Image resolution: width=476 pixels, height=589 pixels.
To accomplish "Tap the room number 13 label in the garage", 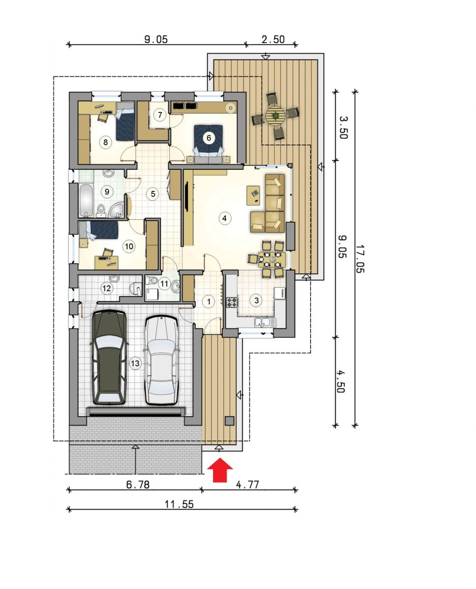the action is tap(135, 363).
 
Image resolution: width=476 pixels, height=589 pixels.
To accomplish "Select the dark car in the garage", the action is tap(109, 357).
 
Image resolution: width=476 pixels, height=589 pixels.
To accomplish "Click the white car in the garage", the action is tap(161, 361).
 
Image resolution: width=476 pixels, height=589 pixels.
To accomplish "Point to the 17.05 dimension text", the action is tap(360, 259).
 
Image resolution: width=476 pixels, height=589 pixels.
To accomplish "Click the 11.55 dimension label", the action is tap(179, 505).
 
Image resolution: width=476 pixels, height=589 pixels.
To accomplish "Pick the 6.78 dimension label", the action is tap(138, 485).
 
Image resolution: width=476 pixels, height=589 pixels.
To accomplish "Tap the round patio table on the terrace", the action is tap(275, 115).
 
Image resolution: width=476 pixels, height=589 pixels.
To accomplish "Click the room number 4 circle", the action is tap(224, 218).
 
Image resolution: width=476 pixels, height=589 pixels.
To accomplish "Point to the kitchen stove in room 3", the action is tap(232, 302).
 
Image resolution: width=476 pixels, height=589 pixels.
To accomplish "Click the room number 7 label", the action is tap(160, 114).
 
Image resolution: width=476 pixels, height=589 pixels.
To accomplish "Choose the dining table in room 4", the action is tap(272, 259).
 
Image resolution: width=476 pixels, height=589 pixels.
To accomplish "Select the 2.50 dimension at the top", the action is tap(273, 40).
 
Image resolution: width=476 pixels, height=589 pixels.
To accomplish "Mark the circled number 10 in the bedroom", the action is tap(129, 246).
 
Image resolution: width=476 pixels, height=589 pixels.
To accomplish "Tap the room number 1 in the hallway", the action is tap(209, 301).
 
